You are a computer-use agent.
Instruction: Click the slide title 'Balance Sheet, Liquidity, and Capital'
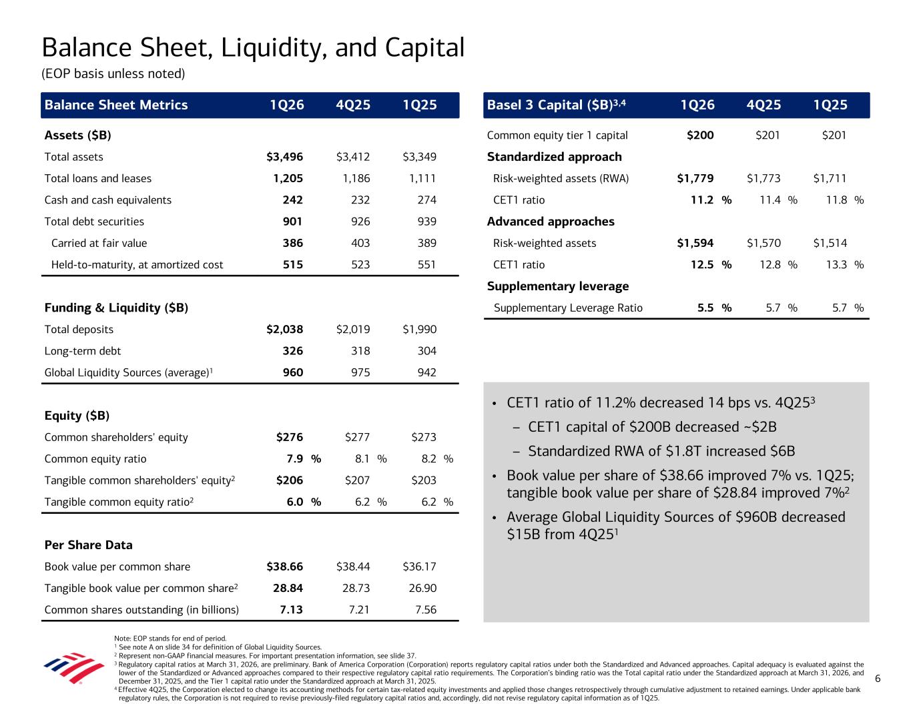(x=253, y=47)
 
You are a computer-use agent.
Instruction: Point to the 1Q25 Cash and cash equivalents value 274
(x=424, y=200)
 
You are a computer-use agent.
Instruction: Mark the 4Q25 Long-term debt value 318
(x=360, y=351)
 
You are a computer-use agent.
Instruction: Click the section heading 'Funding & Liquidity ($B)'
(x=116, y=308)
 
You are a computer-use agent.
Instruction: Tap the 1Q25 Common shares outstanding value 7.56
(x=425, y=610)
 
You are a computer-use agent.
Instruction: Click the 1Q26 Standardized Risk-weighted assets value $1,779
(x=695, y=178)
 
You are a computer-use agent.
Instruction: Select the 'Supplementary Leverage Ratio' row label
(x=568, y=308)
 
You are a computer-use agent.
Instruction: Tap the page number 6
(x=878, y=679)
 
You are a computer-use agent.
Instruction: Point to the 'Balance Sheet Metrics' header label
(x=116, y=105)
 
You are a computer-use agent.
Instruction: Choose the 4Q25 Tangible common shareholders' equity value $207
(x=357, y=480)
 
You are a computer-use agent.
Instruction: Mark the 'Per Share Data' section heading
(x=88, y=545)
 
